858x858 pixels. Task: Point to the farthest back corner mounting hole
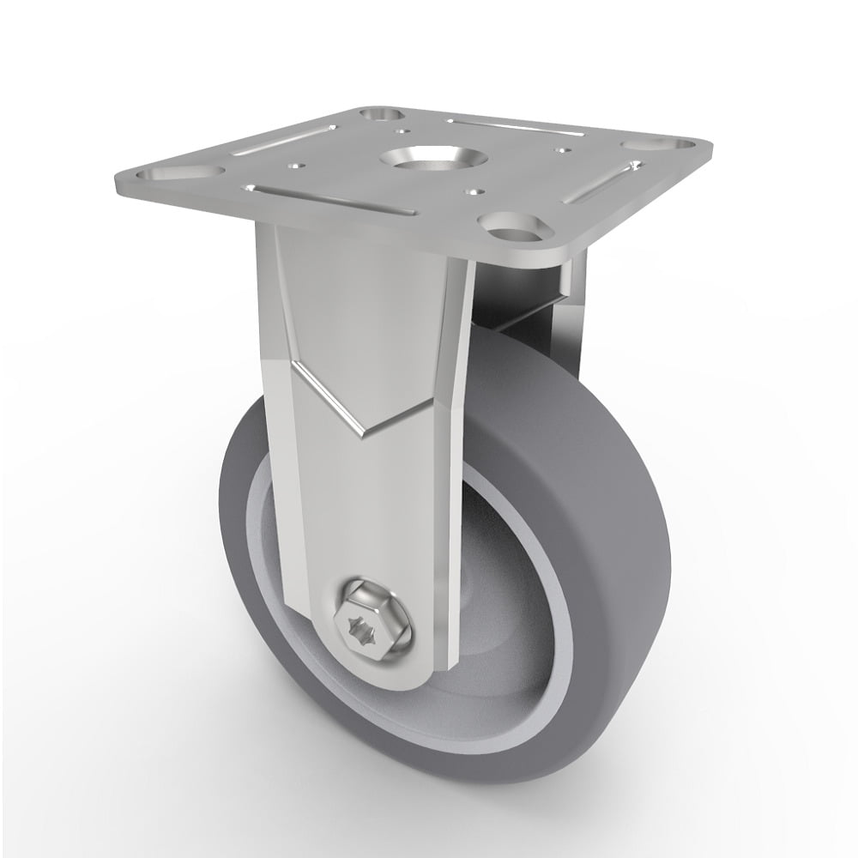[381, 113]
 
